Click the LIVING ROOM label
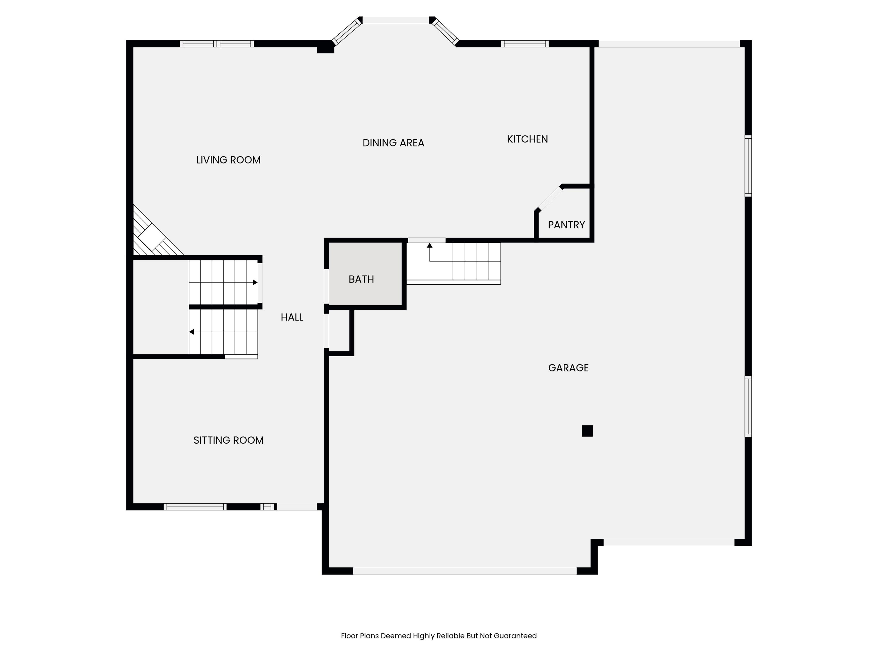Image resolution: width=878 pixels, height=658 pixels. pos(228,160)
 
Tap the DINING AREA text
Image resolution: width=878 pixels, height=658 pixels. pos(393,143)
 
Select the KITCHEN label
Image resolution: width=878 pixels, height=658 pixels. pos(527,139)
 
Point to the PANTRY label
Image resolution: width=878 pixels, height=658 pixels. pos(566,225)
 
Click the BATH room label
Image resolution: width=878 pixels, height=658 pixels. pos(361,279)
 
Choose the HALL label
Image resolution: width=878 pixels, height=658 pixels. pos(292,317)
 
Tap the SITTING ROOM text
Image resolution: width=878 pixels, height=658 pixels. pos(228,440)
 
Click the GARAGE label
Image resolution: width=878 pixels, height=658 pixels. pos(568,368)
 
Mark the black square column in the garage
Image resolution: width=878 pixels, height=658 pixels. pos(587,431)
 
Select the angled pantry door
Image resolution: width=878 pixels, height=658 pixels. pos(549,198)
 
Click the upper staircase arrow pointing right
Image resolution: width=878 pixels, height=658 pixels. pos(255,283)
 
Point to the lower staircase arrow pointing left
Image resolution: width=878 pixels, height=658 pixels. pos(192,332)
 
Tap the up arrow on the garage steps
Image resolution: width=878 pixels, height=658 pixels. pos(429,246)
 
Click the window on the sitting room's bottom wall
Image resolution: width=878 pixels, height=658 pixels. pos(195,507)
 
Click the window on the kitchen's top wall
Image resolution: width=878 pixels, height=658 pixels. pos(524,44)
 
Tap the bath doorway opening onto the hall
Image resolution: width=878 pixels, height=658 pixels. pos(326,286)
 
